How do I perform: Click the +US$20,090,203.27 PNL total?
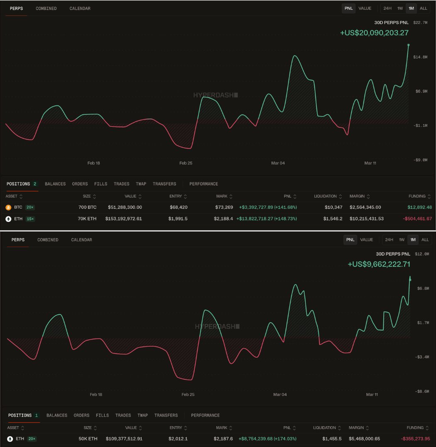point(374,33)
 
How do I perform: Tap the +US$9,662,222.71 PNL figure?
point(379,264)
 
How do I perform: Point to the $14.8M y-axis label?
point(420,57)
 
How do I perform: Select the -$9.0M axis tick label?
point(420,160)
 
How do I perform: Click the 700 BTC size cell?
point(87,207)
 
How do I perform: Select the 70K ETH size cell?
point(86,219)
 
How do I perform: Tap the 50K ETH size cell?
point(88,439)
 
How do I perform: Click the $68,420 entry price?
point(179,207)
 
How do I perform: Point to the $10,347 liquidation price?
point(334,207)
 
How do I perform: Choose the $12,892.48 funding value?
point(420,207)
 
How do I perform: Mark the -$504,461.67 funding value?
point(417,219)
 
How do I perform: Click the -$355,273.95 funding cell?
point(416,439)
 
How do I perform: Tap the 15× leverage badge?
point(30,219)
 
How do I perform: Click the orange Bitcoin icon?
point(8,207)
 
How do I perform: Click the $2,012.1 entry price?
point(178,439)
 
